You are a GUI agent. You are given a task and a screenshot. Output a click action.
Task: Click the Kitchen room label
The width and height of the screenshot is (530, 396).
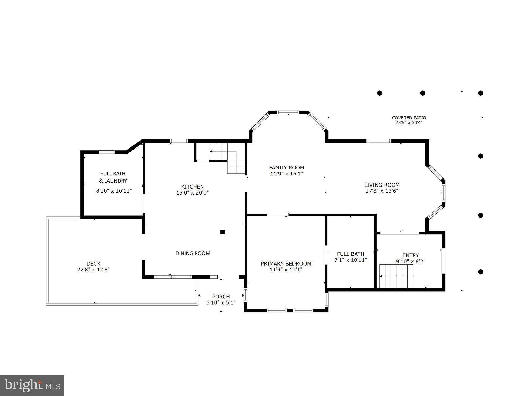(x=192, y=187)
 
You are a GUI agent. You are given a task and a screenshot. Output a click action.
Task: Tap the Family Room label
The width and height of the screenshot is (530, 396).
(x=286, y=167)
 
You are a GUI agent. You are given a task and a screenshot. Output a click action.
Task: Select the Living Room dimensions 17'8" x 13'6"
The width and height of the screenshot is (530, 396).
(x=382, y=191)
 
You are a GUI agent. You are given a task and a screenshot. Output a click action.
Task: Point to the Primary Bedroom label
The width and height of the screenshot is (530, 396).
(x=286, y=263)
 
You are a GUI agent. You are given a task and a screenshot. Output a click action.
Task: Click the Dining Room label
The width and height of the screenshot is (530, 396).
(x=193, y=253)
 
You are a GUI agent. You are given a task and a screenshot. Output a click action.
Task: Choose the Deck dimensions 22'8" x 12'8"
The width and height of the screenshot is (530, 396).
(x=93, y=270)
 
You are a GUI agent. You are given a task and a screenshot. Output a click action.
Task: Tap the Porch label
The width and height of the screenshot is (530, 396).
(x=221, y=297)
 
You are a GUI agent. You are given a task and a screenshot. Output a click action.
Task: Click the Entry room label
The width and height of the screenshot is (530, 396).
(x=411, y=255)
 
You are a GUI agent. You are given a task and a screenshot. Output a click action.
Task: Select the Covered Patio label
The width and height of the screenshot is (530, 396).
(x=409, y=118)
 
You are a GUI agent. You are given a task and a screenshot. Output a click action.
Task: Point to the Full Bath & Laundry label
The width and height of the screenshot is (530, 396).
(x=113, y=177)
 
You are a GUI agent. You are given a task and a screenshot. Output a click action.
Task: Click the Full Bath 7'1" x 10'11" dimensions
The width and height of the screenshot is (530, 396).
(x=351, y=260)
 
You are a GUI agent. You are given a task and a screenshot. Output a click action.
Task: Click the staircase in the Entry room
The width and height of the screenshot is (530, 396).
(x=396, y=276)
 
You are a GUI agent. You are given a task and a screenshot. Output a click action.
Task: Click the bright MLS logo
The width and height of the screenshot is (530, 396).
(x=32, y=385)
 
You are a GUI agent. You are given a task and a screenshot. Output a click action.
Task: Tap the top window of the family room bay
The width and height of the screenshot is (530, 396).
(x=288, y=112)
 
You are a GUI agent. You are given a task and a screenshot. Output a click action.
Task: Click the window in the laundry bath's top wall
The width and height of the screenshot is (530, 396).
(x=107, y=152)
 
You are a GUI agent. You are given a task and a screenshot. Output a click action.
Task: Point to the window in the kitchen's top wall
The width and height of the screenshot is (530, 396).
(x=179, y=141)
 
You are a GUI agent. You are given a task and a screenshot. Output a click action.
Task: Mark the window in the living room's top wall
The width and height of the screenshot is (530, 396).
(x=379, y=141)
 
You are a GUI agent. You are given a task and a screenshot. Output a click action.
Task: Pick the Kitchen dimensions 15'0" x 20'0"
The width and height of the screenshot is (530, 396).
(x=192, y=193)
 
